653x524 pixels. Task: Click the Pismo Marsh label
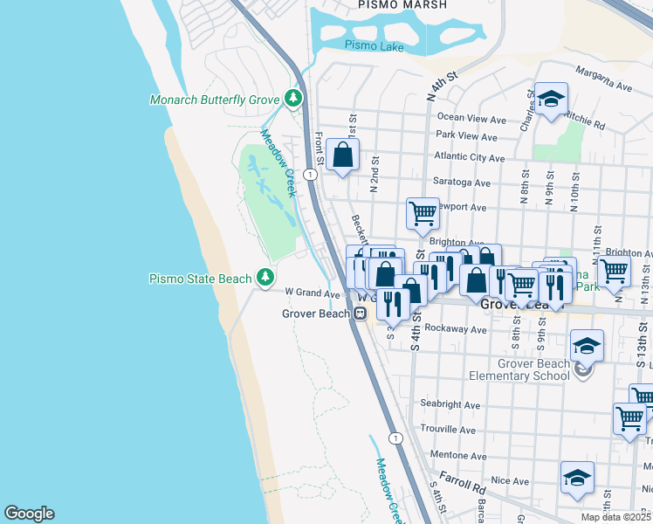402,5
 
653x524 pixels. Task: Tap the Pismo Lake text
374,46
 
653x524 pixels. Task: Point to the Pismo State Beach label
200,279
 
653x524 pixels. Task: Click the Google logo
29,514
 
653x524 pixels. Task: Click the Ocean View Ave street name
471,119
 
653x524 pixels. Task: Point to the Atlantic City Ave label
470,159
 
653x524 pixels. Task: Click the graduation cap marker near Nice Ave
577,476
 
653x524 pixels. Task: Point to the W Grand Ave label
312,293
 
